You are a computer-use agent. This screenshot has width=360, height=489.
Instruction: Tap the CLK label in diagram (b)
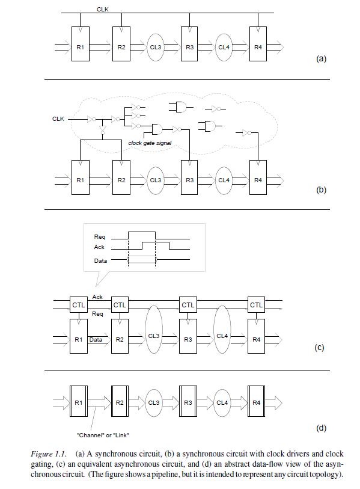point(58,119)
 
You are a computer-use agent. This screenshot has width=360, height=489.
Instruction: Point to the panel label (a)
point(320,59)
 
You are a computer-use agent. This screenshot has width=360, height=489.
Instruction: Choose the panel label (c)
point(320,347)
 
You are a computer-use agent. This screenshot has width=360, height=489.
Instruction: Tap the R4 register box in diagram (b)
point(258,179)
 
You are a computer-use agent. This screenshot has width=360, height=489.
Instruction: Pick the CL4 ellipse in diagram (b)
point(223,179)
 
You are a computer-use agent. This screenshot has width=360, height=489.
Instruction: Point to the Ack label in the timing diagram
point(100,247)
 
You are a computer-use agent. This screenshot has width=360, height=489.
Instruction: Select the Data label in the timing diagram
point(101,260)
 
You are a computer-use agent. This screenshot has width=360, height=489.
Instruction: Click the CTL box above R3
point(189,305)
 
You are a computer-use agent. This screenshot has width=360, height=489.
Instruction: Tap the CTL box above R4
point(257,305)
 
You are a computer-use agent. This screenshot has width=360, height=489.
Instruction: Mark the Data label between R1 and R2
point(96,340)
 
